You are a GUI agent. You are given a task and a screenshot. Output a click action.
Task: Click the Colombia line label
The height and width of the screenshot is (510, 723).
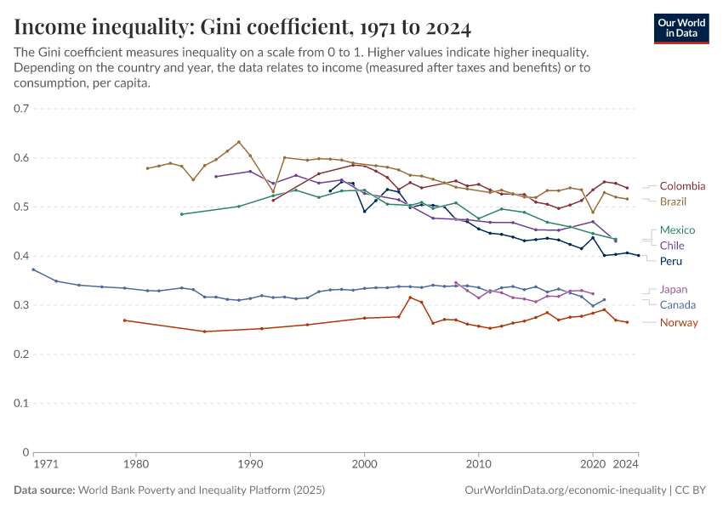(x=682, y=186)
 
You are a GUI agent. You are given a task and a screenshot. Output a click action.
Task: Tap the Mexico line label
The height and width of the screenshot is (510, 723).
(x=677, y=230)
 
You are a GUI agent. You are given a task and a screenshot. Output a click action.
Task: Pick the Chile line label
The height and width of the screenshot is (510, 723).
(x=672, y=246)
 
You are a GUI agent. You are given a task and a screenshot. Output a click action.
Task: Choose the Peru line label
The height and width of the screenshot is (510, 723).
(x=671, y=261)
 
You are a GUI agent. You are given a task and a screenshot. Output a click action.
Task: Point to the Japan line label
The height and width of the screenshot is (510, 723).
(x=674, y=289)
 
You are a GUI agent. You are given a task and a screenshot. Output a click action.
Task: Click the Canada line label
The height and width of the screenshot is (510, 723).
(x=678, y=305)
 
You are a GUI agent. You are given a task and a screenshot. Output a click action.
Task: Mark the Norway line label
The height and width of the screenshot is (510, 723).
(x=679, y=322)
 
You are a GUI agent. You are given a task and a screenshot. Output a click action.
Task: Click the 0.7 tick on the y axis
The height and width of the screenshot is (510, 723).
(x=21, y=109)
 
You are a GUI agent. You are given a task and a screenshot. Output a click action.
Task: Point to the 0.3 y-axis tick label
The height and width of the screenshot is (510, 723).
(x=21, y=305)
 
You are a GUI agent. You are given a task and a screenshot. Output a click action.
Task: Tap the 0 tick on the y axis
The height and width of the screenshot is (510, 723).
(x=26, y=452)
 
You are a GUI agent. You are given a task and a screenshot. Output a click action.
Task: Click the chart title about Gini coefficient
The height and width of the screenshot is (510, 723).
(x=242, y=28)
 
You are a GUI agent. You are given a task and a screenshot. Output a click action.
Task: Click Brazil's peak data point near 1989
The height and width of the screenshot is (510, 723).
(x=239, y=142)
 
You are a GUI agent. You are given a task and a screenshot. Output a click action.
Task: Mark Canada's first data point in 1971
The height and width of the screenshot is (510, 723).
(x=33, y=269)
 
